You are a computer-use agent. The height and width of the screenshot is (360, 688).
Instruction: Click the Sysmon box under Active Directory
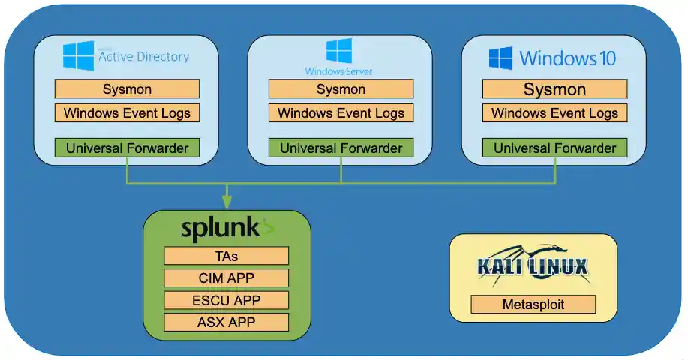point(127,89)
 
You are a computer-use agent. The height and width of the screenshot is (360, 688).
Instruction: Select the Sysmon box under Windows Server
point(341,89)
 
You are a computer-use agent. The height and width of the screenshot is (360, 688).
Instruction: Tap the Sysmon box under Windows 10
point(554,89)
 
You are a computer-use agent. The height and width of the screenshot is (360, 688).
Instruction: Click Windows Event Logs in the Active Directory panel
point(127,114)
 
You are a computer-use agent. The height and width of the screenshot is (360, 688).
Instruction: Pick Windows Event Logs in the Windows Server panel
point(341,114)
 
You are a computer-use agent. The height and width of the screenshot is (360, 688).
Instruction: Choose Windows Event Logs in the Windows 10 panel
point(554,114)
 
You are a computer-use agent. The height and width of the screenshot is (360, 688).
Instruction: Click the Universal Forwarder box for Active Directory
point(127,148)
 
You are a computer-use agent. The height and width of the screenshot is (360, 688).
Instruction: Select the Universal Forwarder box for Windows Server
point(341,148)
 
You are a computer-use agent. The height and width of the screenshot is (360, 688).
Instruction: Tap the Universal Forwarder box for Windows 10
point(554,148)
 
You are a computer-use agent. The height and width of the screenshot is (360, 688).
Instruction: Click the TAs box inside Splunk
point(226,256)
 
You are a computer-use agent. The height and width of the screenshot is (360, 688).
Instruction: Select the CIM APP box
point(226,278)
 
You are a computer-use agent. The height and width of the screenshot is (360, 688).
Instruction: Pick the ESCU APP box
point(226,301)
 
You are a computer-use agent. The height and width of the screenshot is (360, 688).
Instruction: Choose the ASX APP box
point(226,322)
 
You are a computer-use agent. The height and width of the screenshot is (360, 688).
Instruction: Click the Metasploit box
point(533,304)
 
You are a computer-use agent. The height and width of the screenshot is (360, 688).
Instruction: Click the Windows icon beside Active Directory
point(78,55)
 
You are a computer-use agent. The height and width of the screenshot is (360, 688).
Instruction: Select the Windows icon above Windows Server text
point(339,51)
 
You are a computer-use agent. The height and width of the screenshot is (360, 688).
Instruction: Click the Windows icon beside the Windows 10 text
point(500,58)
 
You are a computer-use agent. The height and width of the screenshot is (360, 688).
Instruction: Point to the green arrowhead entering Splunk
point(226,202)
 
